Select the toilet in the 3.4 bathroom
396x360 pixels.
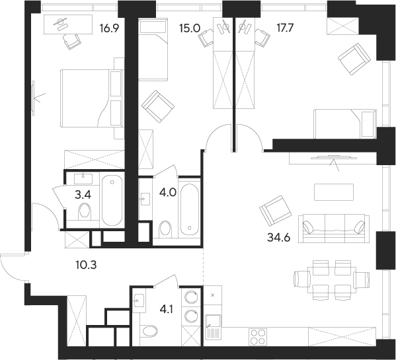[84, 211]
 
